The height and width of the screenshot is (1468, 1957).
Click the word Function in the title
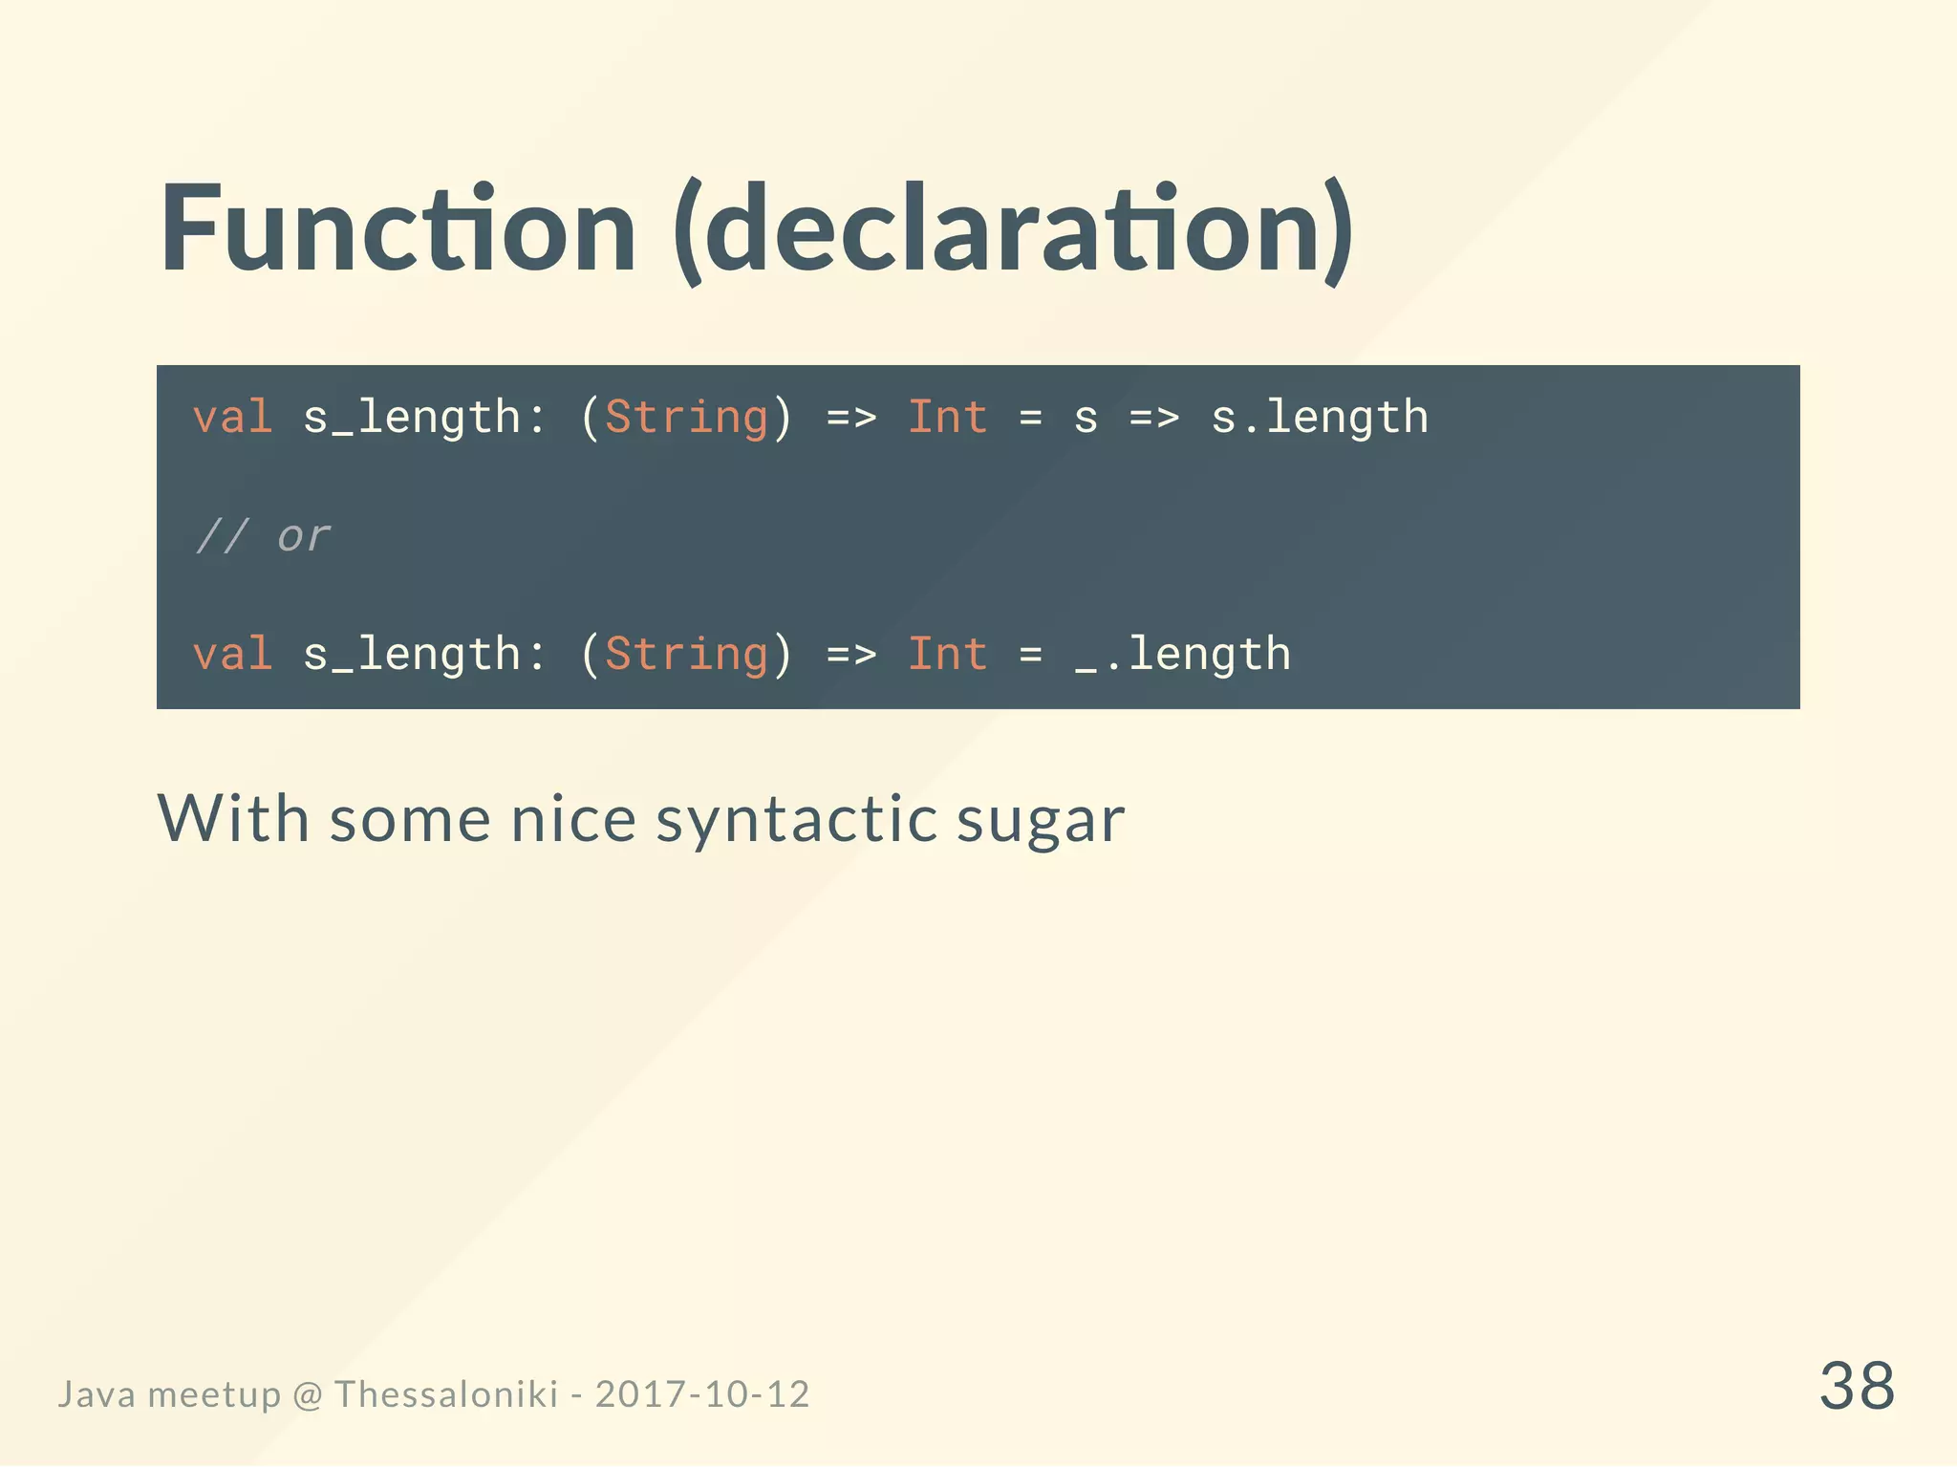(398, 229)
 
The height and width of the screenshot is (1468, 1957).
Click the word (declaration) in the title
(1013, 231)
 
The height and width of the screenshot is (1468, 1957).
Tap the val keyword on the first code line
(232, 418)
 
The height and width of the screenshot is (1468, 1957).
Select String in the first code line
(686, 418)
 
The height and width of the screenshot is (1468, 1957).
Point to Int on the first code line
(947, 418)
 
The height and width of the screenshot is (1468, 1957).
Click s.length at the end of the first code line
(1319, 418)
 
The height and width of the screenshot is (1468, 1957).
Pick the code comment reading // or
(263, 536)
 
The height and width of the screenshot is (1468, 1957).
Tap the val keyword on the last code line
(232, 655)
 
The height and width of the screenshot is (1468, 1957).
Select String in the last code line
(686, 655)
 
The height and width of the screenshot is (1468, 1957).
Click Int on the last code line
(947, 655)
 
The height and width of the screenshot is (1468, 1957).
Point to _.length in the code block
(1182, 655)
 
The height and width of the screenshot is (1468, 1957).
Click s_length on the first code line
(411, 418)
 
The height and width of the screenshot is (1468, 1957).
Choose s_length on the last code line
(411, 655)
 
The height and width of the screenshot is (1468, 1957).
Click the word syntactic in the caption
(796, 820)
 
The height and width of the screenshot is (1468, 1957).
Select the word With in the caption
(233, 818)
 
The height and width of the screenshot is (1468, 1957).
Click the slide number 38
(1856, 1386)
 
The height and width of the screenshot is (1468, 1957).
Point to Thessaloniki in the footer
(445, 1394)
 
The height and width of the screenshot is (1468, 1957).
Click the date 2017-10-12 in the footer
(702, 1394)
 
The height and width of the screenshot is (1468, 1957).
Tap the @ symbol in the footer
(308, 1395)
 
